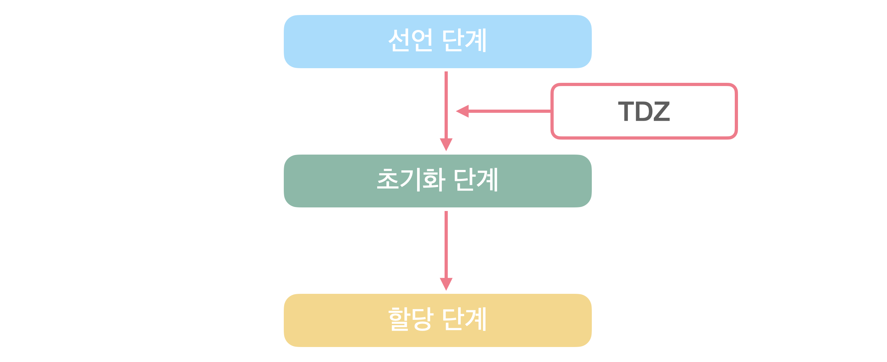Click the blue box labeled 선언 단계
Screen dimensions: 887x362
[438, 41]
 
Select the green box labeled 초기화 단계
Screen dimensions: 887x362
[438, 181]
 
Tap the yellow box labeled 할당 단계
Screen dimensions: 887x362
[438, 320]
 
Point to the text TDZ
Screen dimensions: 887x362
[644, 111]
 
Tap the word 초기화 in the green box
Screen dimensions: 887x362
[411, 179]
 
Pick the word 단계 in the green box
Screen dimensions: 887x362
[476, 179]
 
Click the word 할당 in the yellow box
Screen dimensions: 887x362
[411, 319]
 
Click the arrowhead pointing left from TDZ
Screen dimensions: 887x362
[462, 111]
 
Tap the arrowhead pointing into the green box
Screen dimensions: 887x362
[446, 144]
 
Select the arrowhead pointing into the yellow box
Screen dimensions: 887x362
[446, 284]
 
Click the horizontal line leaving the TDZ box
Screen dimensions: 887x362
[510, 111]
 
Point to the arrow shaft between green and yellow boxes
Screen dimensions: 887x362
[446, 245]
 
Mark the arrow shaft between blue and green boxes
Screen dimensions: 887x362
[446, 105]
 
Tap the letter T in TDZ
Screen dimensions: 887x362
[626, 111]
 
